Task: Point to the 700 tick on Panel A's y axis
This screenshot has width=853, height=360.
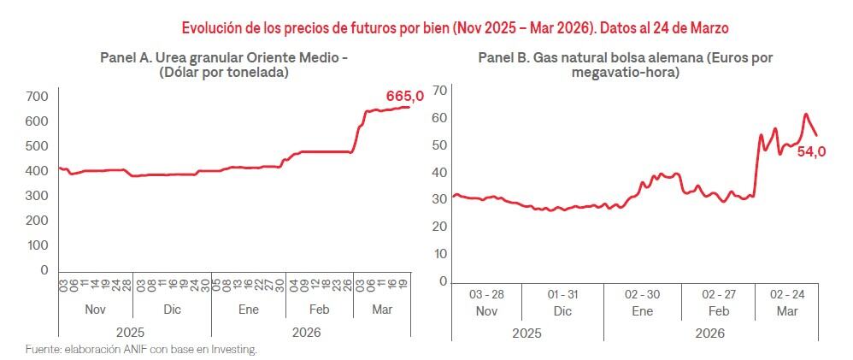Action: (36, 96)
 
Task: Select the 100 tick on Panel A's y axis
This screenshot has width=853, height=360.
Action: (36, 245)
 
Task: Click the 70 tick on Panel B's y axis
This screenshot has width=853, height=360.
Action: (440, 91)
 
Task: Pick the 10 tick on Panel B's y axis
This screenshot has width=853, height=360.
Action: (440, 254)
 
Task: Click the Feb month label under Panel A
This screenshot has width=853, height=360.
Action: (319, 310)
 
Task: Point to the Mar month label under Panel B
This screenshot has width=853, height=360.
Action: (786, 311)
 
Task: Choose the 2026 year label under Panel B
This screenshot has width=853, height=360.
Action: (710, 333)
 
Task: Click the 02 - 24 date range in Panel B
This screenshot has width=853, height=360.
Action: (786, 294)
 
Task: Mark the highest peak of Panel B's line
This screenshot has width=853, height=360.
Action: (805, 114)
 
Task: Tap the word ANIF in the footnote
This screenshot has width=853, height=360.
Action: (127, 350)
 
